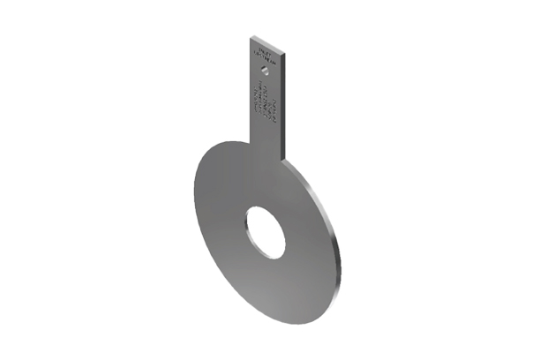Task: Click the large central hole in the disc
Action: click(x=266, y=232)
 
